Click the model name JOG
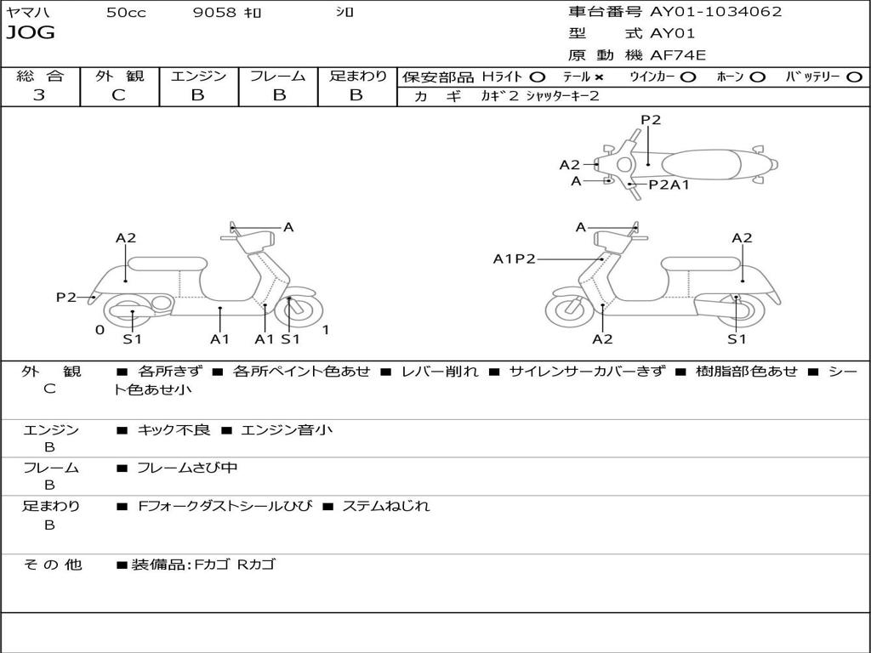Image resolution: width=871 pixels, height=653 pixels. [x=31, y=33]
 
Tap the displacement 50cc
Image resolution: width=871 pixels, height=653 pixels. [x=125, y=13]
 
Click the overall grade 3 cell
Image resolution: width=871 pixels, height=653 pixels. [x=39, y=95]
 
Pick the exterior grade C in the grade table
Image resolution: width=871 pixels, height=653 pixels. [x=118, y=95]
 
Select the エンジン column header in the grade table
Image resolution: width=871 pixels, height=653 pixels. [x=198, y=76]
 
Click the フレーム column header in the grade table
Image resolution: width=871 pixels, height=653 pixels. [x=277, y=76]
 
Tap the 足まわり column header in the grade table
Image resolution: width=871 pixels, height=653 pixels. [x=357, y=76]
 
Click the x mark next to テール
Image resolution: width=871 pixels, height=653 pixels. [x=598, y=77]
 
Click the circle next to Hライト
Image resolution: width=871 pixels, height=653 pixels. [x=538, y=77]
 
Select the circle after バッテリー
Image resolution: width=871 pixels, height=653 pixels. [x=854, y=77]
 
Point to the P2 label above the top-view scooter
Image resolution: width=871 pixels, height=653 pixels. [x=651, y=120]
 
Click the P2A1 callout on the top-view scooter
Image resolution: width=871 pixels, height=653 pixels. [x=669, y=185]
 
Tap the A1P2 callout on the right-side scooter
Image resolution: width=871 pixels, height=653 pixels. [x=514, y=258]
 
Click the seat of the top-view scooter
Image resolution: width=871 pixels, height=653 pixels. [x=710, y=163]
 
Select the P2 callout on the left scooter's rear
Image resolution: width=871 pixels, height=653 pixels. [x=65, y=297]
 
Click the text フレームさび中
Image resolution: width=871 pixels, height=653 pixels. [x=187, y=468]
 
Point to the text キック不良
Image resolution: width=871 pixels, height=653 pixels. [x=174, y=430]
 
